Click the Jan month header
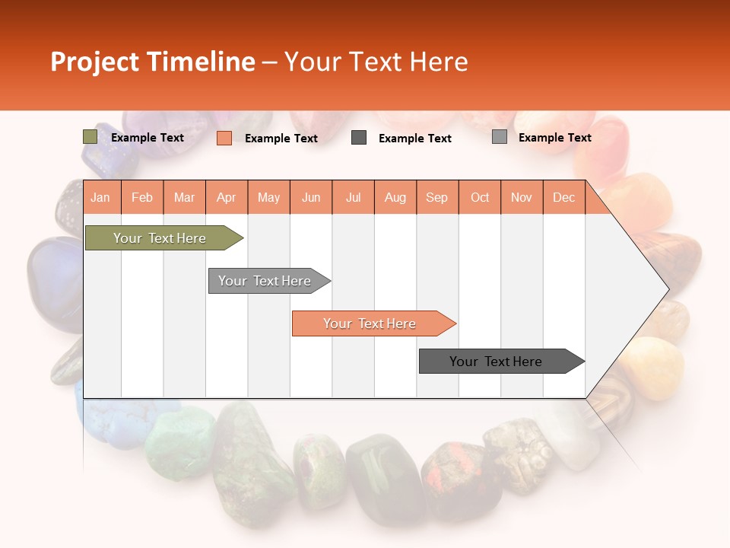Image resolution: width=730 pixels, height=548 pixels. pos(100,197)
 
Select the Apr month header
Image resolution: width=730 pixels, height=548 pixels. pos(226,197)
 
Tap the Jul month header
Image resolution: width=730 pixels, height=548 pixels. pos(353,197)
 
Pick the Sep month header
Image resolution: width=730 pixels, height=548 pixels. pos(436,197)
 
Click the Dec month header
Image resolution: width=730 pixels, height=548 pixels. pos(563,197)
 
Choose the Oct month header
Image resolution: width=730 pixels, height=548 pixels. pos(479,197)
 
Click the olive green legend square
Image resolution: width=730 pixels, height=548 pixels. pos(90,137)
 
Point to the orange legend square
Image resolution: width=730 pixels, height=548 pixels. pos(224,138)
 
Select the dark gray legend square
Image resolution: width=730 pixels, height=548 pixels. pos(359,138)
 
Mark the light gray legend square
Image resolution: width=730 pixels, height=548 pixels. pos(499,137)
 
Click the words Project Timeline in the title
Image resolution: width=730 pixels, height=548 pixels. pos(152,62)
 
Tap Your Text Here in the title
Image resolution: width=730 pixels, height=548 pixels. pos(376,62)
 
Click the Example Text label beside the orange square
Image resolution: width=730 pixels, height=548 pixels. pos(281,139)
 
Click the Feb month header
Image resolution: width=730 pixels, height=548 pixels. pos(142,197)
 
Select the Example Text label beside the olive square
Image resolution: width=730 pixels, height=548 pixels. pos(147,138)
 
